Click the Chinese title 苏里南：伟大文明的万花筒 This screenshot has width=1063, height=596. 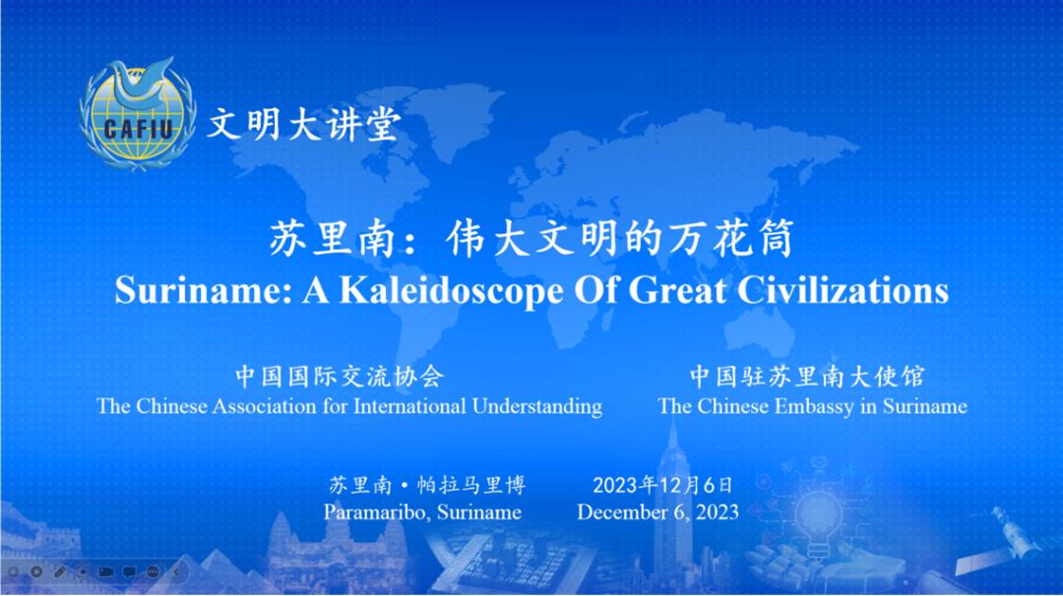tap(531, 239)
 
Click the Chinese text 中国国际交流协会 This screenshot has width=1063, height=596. tap(340, 377)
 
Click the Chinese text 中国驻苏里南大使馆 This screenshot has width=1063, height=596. tap(807, 377)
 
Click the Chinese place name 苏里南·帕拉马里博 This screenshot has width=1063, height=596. tap(427, 485)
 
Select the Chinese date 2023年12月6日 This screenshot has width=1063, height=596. tap(662, 485)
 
